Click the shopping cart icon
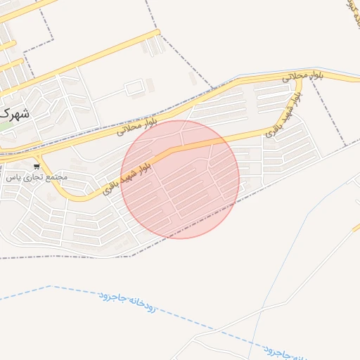(37, 167)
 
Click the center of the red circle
(180, 179)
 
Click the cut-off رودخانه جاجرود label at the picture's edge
(285, 352)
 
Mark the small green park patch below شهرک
(6, 127)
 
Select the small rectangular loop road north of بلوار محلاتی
(134, 89)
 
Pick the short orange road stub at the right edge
(356, 227)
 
